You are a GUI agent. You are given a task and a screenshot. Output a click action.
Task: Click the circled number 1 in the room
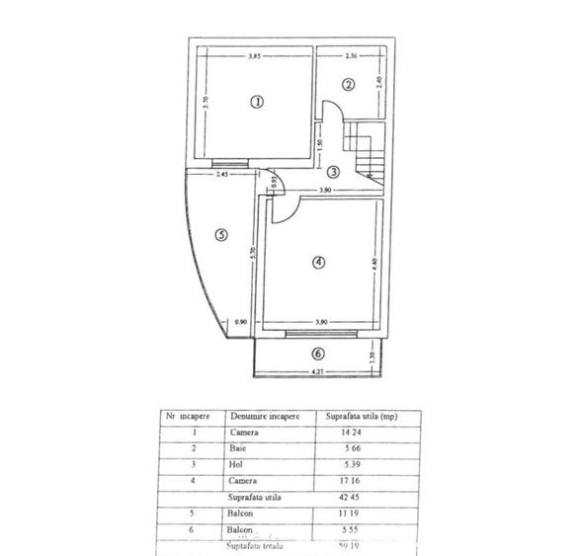pyautogui.click(x=257, y=102)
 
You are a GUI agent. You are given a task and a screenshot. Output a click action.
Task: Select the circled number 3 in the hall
pyautogui.click(x=334, y=171)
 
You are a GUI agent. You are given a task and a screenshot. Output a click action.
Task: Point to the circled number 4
pyautogui.click(x=317, y=262)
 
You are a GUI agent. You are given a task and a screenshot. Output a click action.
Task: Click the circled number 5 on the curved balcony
pyautogui.click(x=221, y=235)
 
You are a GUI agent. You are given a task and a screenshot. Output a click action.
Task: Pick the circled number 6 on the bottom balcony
pyautogui.click(x=316, y=354)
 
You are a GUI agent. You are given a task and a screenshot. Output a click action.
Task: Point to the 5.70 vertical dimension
pyautogui.click(x=254, y=252)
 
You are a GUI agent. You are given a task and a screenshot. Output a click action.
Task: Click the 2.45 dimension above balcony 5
pyautogui.click(x=222, y=175)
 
